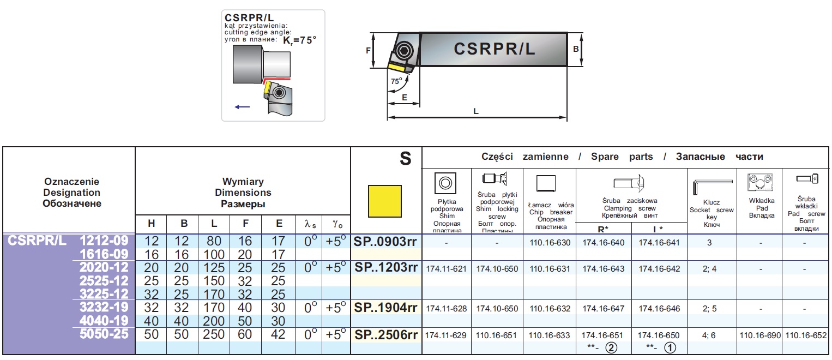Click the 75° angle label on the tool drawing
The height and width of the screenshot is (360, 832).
[396, 81]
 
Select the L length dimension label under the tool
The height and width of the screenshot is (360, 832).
[476, 111]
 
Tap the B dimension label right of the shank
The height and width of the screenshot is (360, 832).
[576, 49]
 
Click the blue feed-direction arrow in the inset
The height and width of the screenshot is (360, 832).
[242, 107]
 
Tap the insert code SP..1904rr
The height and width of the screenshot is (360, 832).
[385, 308]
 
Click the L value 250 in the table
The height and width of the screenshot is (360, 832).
[214, 334]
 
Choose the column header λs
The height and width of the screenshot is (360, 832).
[309, 224]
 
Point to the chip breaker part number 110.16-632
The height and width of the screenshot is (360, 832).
[549, 309]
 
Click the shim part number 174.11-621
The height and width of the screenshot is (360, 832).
[446, 269]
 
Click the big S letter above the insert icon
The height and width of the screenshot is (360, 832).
[405, 159]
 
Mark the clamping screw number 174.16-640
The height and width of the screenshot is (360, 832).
[603, 243]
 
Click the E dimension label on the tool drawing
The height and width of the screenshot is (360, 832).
[404, 97]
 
